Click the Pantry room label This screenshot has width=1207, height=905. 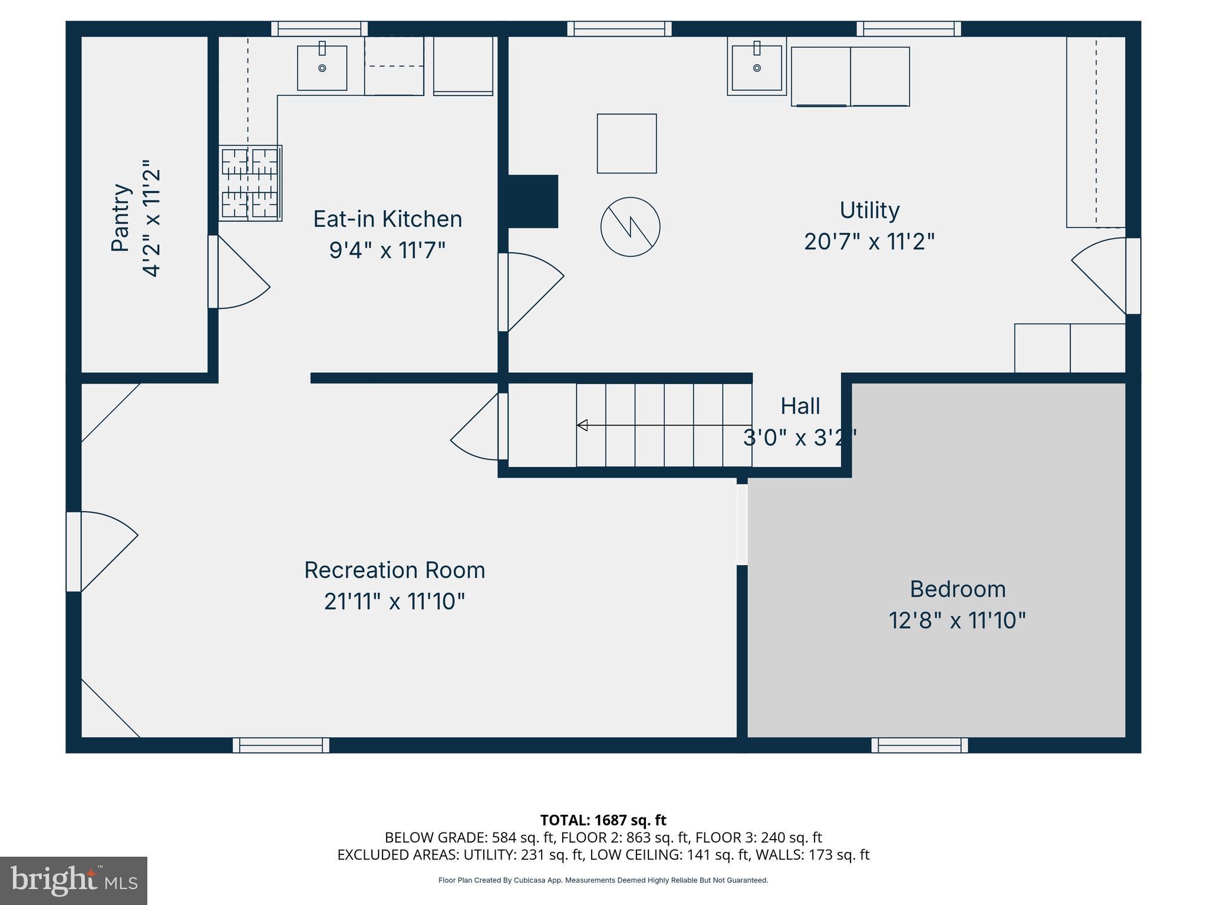click(x=120, y=217)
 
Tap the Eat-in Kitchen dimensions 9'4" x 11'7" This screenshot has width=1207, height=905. click(x=387, y=250)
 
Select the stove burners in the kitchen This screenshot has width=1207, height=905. click(x=250, y=183)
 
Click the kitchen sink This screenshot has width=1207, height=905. click(x=322, y=68)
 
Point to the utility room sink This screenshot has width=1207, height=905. click(x=757, y=68)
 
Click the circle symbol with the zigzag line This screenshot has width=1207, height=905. click(x=630, y=227)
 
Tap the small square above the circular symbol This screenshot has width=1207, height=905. click(x=626, y=143)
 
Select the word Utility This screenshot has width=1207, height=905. click(x=869, y=210)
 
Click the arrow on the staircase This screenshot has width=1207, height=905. click(x=582, y=425)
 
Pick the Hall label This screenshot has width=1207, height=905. click(x=800, y=406)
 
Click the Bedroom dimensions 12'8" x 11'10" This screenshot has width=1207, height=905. click(x=957, y=620)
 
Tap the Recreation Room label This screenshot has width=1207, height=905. click(x=394, y=570)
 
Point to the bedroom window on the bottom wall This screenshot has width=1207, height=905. click(x=919, y=745)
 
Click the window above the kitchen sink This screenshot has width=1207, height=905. click(x=319, y=28)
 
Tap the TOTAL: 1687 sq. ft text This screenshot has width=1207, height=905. click(x=603, y=820)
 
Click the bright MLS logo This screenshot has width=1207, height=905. click(x=73, y=880)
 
